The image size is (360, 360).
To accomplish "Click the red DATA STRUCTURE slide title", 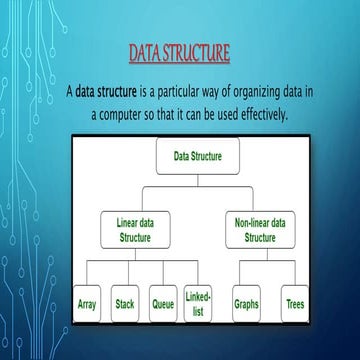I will (x=180, y=51).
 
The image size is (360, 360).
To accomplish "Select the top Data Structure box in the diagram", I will (x=198, y=157).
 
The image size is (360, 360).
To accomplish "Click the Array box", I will (x=87, y=303).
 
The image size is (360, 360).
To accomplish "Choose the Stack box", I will (x=125, y=303).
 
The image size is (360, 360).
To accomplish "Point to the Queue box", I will (x=163, y=303).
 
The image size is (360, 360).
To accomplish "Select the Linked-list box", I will (x=198, y=303).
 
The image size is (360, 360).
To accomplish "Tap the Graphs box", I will (x=246, y=303).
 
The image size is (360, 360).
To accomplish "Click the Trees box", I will (x=295, y=303).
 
